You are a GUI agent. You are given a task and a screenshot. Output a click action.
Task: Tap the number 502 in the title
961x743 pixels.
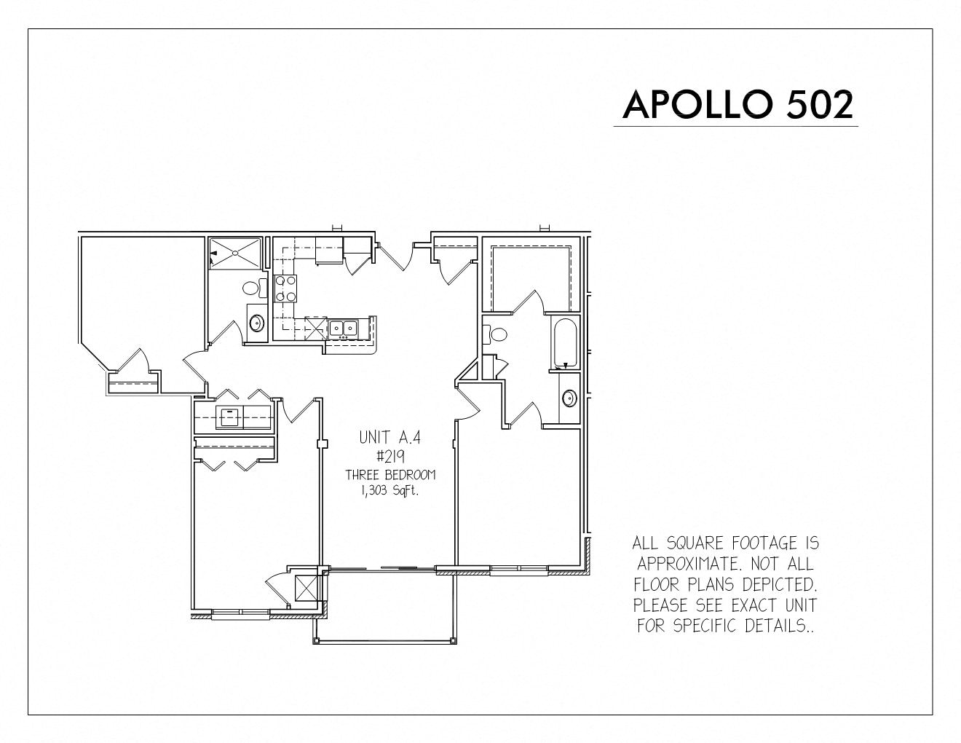click(820, 105)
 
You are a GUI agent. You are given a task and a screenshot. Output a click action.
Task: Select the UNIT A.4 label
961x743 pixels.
click(389, 438)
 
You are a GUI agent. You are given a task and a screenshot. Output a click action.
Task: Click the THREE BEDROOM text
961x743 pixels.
click(390, 475)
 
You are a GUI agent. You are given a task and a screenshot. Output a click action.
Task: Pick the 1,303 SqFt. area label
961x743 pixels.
click(390, 492)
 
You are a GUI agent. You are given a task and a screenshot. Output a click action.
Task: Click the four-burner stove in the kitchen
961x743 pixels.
click(285, 288)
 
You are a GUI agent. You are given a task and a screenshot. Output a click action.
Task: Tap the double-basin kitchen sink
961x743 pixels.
click(343, 328)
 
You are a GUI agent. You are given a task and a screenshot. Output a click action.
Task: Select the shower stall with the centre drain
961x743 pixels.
click(235, 253)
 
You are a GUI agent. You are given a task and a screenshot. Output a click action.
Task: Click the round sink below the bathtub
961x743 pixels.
click(569, 398)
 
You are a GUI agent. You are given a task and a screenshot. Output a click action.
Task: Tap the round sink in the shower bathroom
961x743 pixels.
click(257, 323)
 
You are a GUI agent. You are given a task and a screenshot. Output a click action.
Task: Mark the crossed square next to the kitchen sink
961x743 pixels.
click(316, 328)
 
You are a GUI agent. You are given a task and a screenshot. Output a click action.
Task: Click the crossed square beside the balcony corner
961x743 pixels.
click(306, 587)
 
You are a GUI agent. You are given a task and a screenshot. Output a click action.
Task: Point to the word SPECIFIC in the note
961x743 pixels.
click(707, 626)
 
